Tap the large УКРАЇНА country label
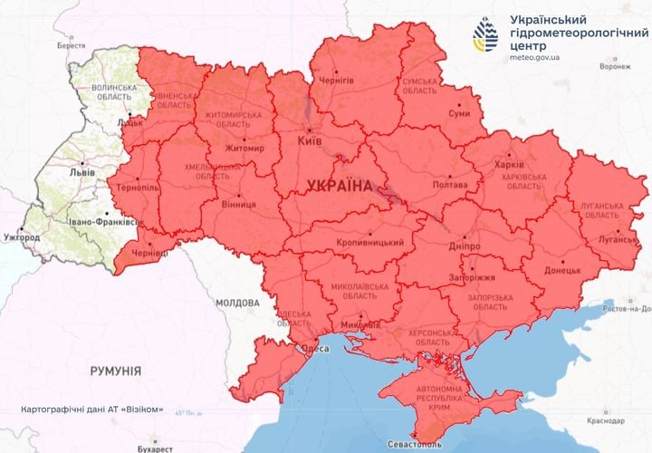(x=340, y=186)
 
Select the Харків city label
(x=508, y=164)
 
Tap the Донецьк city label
(x=562, y=270)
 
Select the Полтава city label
(x=451, y=184)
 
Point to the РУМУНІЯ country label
(x=115, y=371)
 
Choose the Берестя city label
(x=71, y=44)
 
